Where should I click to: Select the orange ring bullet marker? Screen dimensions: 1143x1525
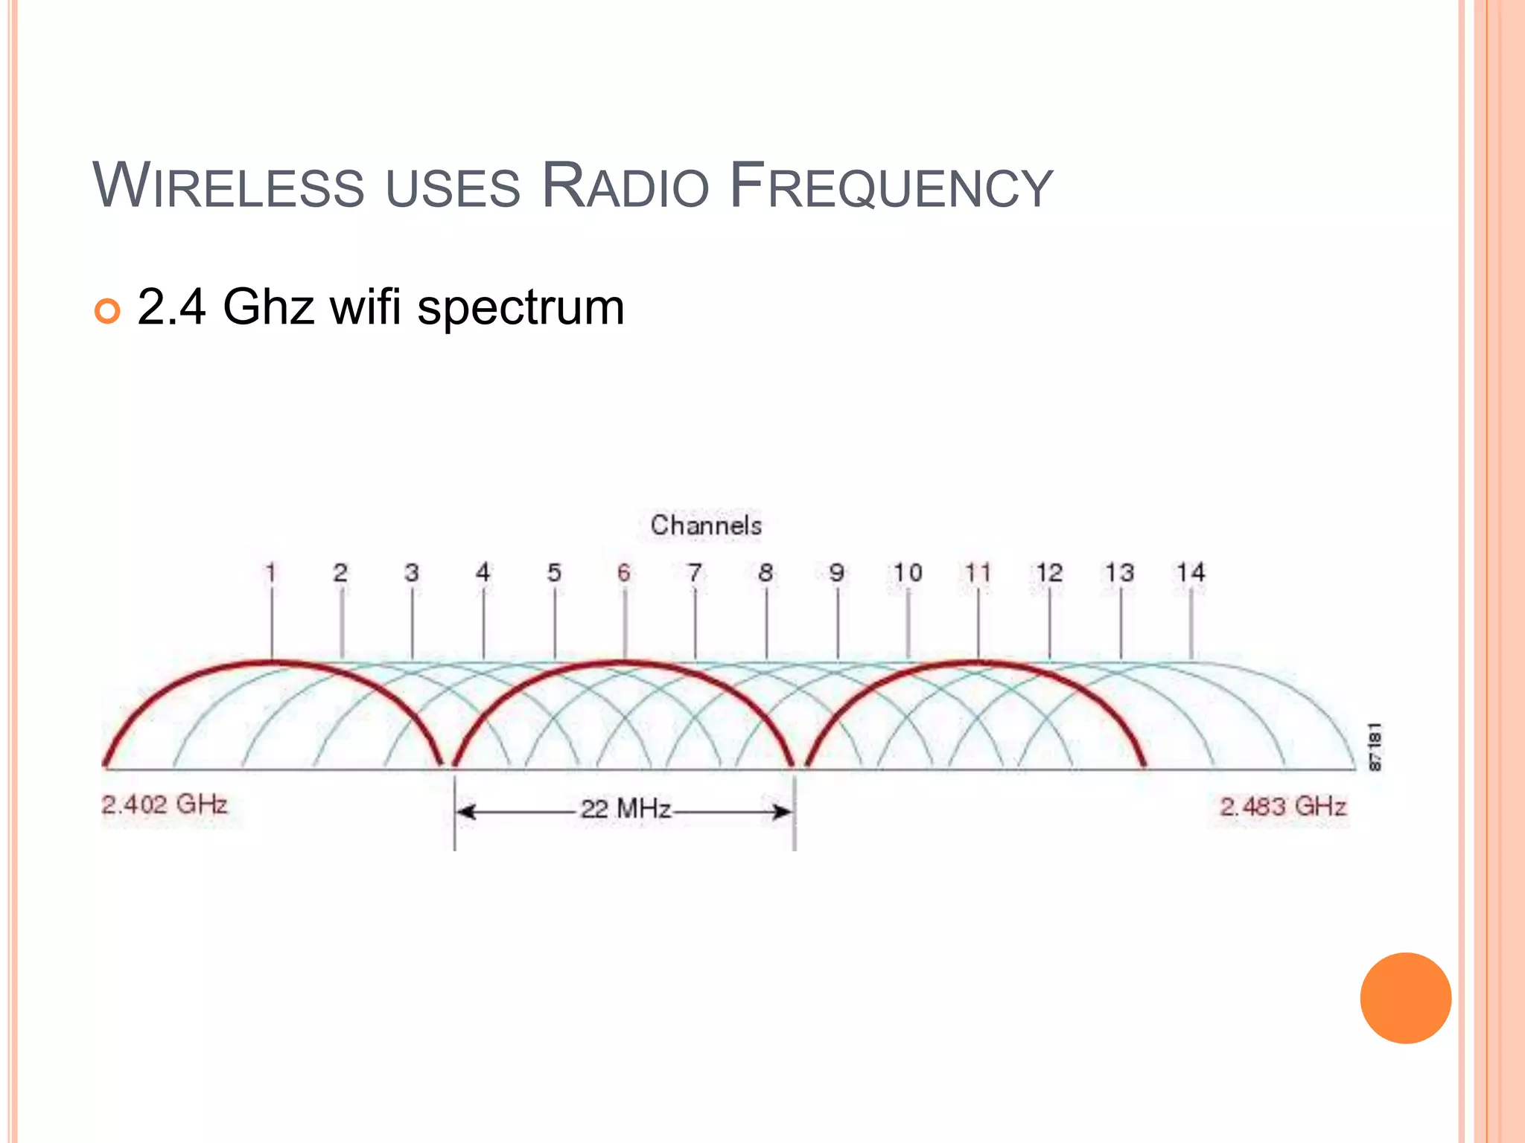[x=108, y=311]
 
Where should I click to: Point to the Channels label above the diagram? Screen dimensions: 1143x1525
[x=706, y=525]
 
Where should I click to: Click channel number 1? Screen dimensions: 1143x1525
[x=271, y=572]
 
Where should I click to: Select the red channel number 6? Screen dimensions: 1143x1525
[x=624, y=572]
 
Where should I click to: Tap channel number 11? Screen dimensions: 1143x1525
[x=978, y=572]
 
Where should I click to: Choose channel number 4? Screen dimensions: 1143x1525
[x=483, y=572]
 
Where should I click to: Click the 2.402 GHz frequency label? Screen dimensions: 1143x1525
[x=165, y=804]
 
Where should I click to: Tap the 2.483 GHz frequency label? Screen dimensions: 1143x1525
[x=1283, y=807]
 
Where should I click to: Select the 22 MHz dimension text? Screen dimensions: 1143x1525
[x=625, y=809]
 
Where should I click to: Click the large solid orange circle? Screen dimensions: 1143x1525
[x=1405, y=998]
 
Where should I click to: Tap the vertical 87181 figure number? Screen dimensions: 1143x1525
[x=1375, y=746]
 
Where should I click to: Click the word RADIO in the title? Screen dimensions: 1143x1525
[x=625, y=186]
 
